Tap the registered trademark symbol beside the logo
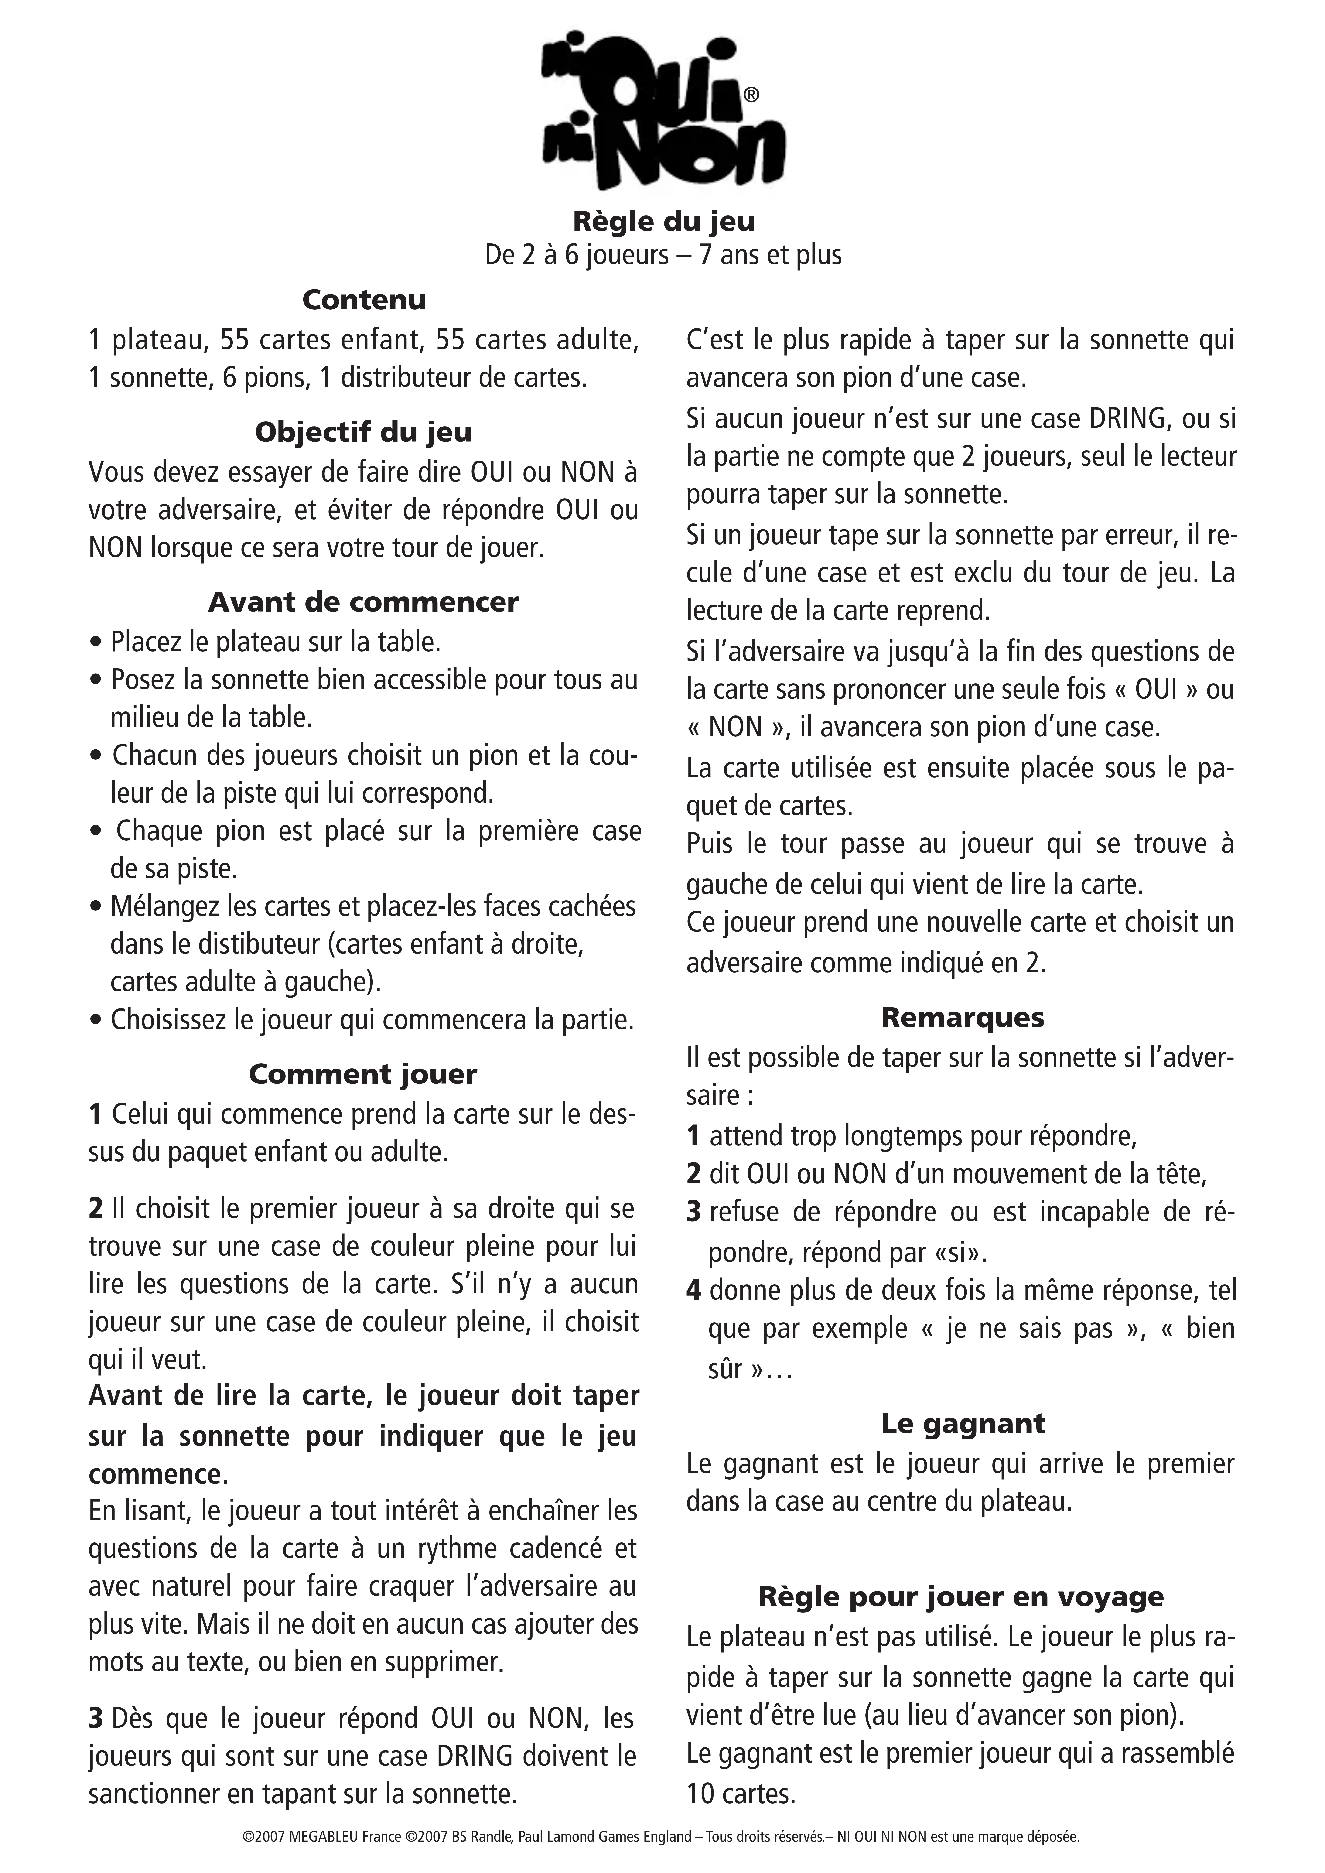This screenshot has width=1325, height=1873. pyautogui.click(x=751, y=96)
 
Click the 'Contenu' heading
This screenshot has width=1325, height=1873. pyautogui.click(x=364, y=300)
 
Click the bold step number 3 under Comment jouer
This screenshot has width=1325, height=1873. pyautogui.click(x=96, y=1719)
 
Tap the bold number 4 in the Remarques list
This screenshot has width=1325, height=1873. pyautogui.click(x=693, y=1290)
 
